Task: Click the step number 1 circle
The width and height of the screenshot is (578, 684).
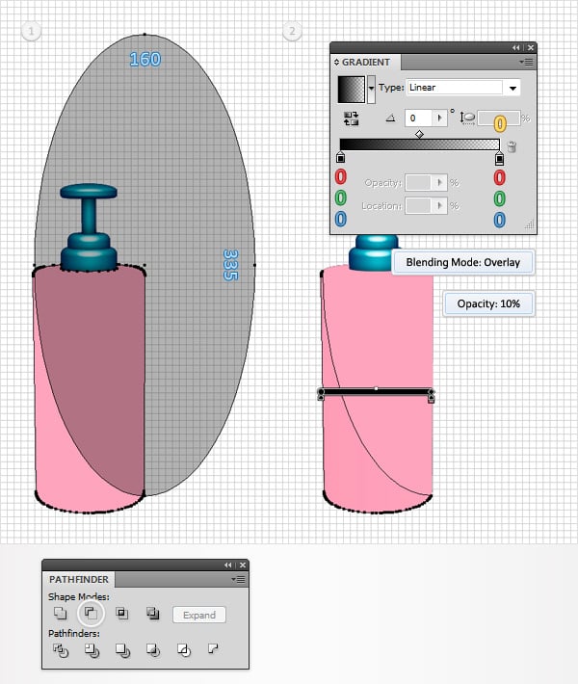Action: pos(32,32)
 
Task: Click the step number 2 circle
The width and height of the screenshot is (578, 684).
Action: pos(292,32)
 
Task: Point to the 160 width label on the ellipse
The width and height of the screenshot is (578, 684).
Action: pos(145,60)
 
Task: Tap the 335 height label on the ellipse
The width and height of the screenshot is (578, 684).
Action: pos(230,265)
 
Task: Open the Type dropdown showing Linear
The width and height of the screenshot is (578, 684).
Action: pos(463,88)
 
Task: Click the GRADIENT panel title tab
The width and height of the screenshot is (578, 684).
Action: pos(366,62)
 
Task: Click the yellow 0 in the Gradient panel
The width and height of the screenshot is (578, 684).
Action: pos(500,122)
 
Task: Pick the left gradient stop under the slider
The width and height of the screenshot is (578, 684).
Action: pos(340,157)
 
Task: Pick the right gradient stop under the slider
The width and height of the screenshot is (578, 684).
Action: pos(498,157)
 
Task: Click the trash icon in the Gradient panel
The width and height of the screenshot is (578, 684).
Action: pos(512,147)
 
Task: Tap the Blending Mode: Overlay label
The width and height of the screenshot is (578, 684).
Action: pos(462,262)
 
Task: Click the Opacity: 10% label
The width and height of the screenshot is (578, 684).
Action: pos(488,303)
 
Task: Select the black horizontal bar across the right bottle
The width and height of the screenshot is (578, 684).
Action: pos(376,393)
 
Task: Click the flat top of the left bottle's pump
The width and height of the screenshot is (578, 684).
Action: pos(89,191)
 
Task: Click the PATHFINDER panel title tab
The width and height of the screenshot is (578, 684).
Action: pos(79,580)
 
